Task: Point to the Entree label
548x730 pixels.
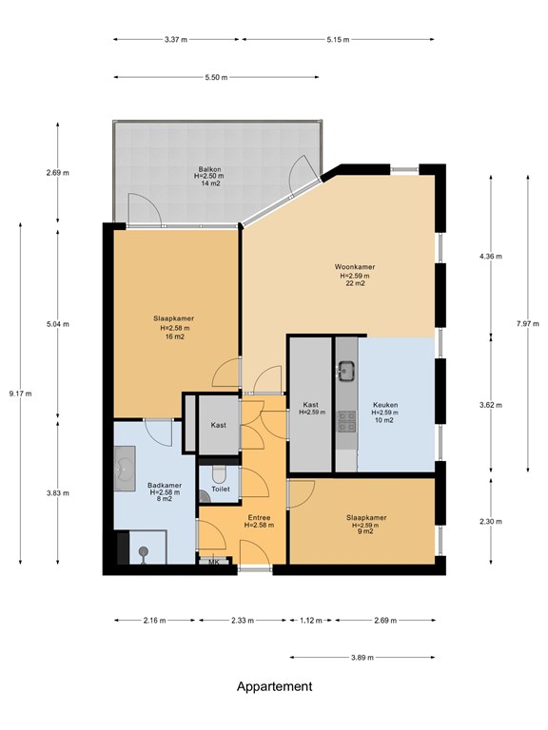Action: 259,519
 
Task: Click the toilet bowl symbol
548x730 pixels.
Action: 205,495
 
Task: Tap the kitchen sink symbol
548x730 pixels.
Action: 345,369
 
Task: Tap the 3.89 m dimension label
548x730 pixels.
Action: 362,657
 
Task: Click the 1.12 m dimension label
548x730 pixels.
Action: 309,620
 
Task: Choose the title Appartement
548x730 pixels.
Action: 274,686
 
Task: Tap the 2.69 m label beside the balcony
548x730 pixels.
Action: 57,173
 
